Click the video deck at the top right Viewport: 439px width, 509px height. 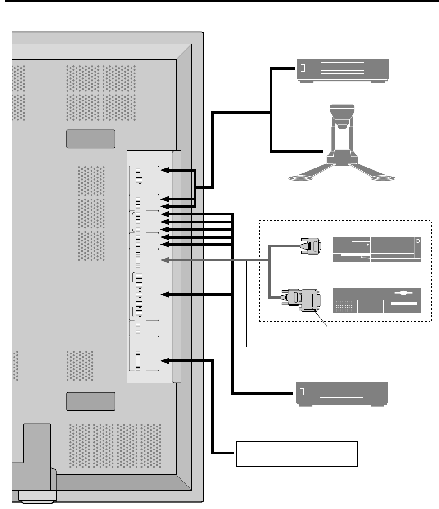click(x=343, y=69)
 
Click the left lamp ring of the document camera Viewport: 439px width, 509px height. click(x=301, y=178)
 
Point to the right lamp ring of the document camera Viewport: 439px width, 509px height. click(x=383, y=178)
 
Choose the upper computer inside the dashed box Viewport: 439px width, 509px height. click(x=376, y=249)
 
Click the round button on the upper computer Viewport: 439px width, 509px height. click(x=417, y=241)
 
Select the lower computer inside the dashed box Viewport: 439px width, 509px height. click(x=377, y=301)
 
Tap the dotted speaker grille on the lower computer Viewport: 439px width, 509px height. click(x=344, y=307)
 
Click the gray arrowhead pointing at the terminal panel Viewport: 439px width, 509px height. click(x=165, y=260)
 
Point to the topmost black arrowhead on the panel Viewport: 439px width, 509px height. click(x=165, y=170)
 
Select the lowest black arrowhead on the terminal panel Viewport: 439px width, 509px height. click(x=165, y=360)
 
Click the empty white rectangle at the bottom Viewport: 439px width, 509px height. click(x=297, y=454)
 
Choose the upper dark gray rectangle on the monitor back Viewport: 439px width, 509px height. click(x=91, y=139)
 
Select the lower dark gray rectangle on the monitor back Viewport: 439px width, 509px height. click(x=91, y=401)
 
